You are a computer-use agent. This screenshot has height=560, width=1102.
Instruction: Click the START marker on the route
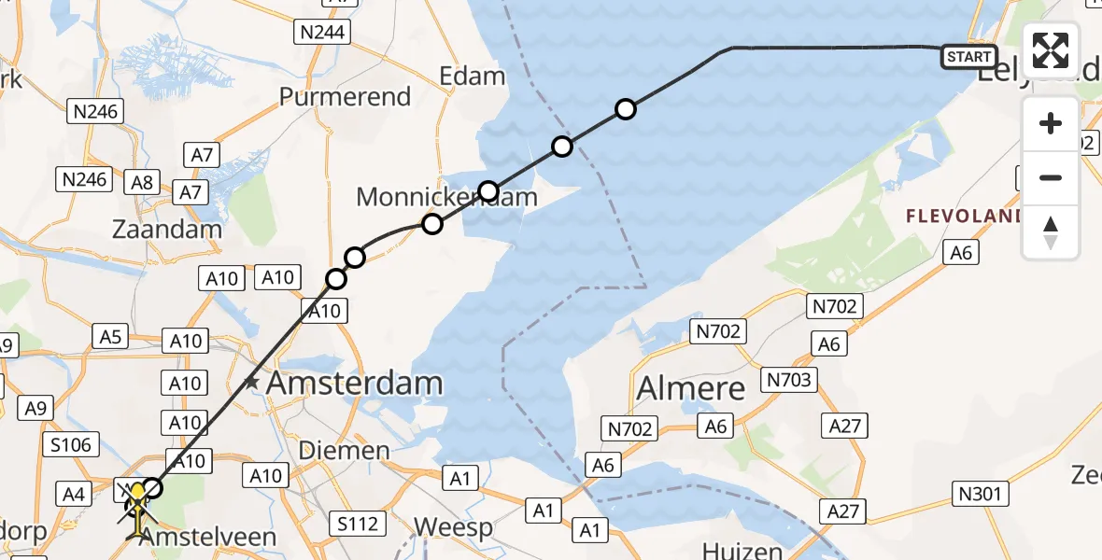coord(968,57)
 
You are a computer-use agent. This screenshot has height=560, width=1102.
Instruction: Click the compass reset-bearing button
coord(1051,232)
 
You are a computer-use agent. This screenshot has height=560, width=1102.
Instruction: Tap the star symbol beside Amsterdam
coord(251,382)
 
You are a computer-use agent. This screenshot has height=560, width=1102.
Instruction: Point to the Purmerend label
coord(345,97)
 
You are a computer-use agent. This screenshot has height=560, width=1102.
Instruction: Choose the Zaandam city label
coord(167,229)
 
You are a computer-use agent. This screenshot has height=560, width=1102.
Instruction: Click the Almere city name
coord(691,387)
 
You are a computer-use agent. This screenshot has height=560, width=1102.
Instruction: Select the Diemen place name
coord(344,451)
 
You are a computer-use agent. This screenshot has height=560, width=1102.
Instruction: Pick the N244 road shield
coord(320,33)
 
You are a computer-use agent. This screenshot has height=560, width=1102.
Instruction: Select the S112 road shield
coord(359,524)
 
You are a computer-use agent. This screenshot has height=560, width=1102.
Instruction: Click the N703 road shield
coord(789,380)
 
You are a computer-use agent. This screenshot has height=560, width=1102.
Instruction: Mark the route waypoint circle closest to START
coord(626,110)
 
